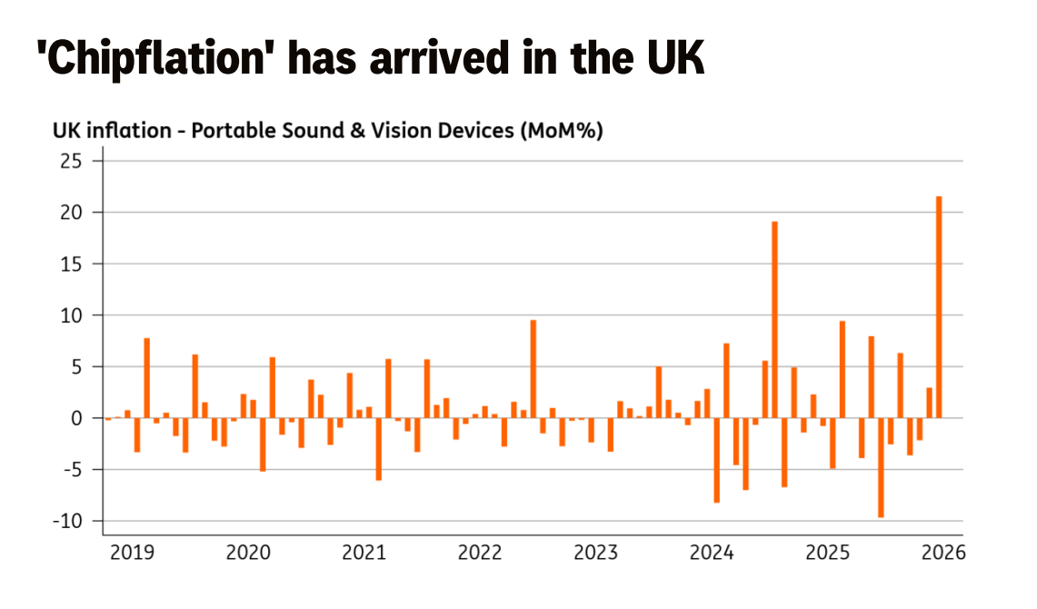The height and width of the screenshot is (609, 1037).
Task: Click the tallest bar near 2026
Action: [x=939, y=307]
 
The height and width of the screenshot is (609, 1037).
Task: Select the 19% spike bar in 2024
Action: [x=774, y=319]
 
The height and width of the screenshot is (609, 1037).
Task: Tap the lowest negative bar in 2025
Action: [x=881, y=467]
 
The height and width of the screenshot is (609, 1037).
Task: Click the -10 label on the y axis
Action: [x=68, y=521]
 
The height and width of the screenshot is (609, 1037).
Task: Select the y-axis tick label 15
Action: [x=72, y=264]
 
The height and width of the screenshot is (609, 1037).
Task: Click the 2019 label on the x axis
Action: [x=133, y=552]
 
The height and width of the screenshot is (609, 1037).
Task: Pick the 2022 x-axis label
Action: [x=480, y=552]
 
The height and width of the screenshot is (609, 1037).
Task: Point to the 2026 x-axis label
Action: [x=943, y=552]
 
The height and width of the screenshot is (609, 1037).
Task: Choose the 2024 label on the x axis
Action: [x=712, y=552]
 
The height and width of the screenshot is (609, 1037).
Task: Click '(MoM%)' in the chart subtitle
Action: [x=562, y=131]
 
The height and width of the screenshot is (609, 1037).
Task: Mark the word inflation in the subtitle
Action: [x=129, y=130]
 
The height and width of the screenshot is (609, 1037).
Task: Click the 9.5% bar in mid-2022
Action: [x=533, y=369]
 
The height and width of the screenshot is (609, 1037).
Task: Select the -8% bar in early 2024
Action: [x=716, y=460]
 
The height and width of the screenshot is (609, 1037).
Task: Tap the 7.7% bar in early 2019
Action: [x=147, y=378]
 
